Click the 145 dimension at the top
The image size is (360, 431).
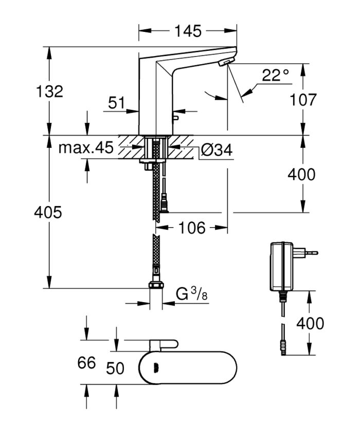[187, 31]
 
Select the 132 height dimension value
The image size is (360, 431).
[50, 91]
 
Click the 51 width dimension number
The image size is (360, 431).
[117, 103]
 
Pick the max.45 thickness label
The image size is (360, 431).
[85, 148]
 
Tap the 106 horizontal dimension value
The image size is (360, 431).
[191, 227]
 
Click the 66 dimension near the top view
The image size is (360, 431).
[87, 363]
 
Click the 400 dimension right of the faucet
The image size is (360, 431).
[301, 175]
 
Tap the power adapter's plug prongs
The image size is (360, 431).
[309, 253]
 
